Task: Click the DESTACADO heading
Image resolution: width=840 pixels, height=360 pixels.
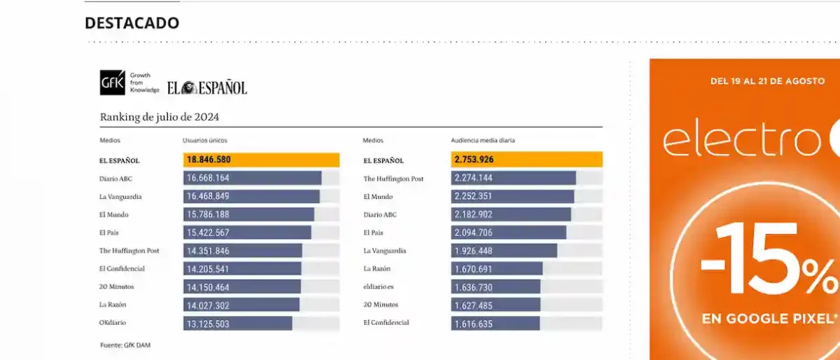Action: click(132, 23)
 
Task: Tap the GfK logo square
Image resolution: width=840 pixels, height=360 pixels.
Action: click(111, 83)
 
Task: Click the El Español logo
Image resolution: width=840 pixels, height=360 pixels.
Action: click(207, 88)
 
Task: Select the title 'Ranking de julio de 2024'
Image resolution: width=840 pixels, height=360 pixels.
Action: click(164, 117)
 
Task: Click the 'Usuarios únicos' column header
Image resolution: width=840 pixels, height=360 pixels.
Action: click(204, 141)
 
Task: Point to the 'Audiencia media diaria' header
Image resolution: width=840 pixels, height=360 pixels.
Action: click(482, 141)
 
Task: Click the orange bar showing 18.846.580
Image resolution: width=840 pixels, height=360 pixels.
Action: click(261, 160)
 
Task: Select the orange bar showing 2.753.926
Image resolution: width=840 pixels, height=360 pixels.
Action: click(526, 160)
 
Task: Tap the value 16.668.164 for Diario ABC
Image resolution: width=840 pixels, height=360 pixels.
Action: click(209, 179)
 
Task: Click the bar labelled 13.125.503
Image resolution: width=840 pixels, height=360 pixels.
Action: click(238, 324)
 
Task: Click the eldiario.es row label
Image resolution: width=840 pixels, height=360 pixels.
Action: click(379, 286)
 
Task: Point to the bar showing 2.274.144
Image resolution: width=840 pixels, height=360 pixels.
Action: click(513, 179)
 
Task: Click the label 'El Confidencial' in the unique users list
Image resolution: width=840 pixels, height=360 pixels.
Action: click(122, 268)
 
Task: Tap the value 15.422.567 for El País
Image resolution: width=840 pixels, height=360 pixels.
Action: click(209, 233)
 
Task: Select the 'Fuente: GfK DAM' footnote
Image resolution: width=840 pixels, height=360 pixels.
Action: click(126, 345)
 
